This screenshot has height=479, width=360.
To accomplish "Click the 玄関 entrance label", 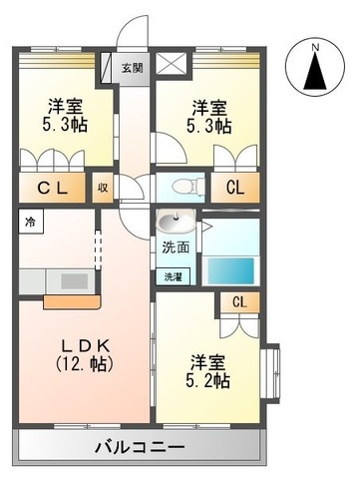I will (132, 68).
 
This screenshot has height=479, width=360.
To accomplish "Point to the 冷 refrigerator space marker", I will (30, 222).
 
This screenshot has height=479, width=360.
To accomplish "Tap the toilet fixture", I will (183, 187).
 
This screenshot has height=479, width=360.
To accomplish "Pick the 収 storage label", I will (103, 187).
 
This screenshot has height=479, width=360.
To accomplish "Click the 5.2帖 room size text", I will (209, 380).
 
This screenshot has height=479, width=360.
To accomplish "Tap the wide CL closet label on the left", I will (51, 187).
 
